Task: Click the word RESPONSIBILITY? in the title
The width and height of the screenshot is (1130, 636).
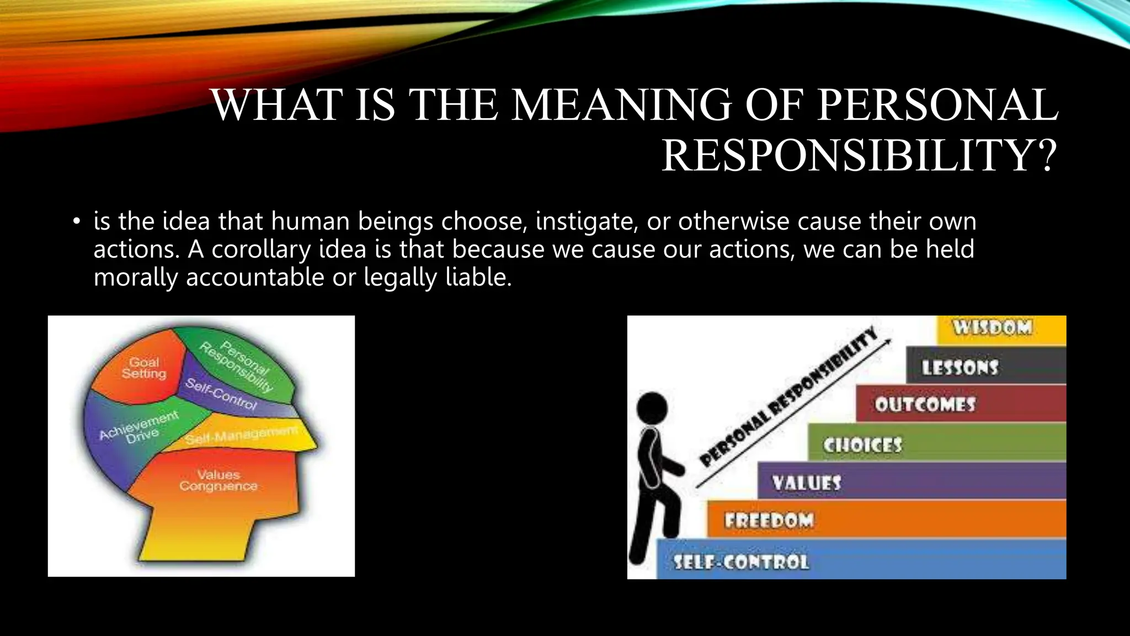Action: point(859,156)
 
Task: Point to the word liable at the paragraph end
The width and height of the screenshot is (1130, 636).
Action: point(478,277)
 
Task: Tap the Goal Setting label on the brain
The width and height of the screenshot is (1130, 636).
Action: point(144,368)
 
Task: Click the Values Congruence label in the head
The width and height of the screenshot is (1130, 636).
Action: point(218,480)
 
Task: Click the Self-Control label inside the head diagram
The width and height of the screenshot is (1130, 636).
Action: point(221,394)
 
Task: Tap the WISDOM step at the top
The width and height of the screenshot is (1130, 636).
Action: point(992,327)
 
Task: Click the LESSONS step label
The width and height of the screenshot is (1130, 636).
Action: point(960,367)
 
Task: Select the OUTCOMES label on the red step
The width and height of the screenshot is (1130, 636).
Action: point(925,405)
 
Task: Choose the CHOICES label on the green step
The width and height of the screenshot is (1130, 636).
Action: point(862,445)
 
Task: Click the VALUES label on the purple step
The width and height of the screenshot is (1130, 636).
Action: point(807,483)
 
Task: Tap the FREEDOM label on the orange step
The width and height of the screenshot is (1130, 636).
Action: point(769,521)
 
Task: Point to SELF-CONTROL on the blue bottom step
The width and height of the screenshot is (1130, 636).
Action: point(741,563)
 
